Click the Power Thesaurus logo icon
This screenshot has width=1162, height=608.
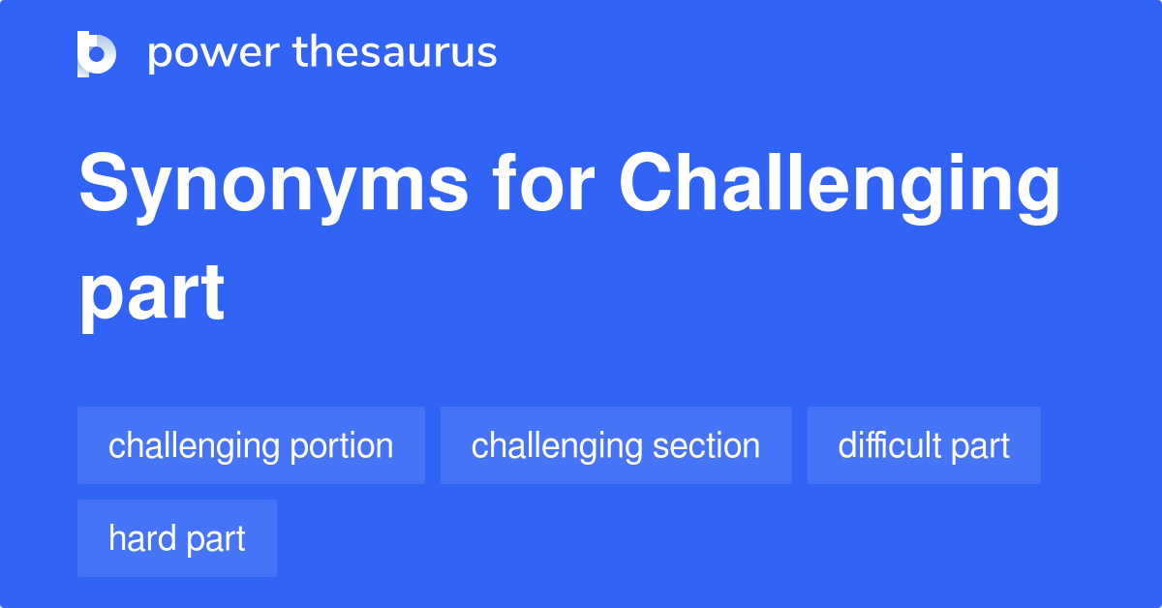point(97,53)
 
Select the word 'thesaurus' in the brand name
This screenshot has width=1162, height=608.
point(395,53)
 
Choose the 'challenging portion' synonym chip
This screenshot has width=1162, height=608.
point(251,445)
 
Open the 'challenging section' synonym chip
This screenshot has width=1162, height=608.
point(616,445)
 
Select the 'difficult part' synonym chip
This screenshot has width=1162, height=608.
point(924,445)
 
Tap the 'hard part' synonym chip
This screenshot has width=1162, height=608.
point(177,538)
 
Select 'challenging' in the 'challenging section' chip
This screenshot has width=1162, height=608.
point(555,446)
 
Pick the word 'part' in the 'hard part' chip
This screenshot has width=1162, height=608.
point(216,539)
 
